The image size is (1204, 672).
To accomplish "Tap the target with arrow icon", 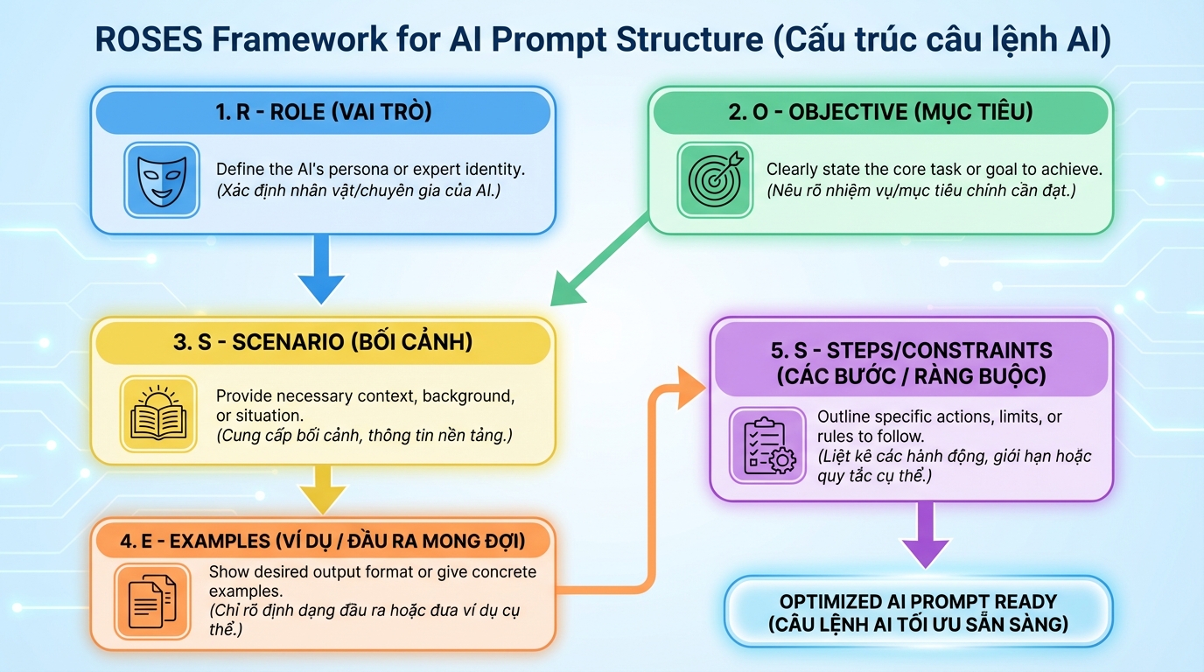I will point(713,179).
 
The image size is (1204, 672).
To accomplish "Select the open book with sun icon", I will point(157,414).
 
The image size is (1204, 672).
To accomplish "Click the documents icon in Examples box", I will point(151,601).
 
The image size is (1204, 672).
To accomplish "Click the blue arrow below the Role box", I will point(323,271).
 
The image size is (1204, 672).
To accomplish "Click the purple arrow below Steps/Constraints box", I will point(924,535).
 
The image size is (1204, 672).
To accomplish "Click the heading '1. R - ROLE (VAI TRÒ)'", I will point(323,112).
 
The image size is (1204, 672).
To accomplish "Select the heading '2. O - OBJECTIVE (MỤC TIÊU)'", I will point(880,112).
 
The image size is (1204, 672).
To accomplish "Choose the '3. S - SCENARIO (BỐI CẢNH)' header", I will point(323,341).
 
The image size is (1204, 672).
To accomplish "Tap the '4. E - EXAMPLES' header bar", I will point(323,541).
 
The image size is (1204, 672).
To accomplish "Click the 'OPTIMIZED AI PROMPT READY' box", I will point(918,612).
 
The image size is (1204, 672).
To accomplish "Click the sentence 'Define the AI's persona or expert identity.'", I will point(370,169).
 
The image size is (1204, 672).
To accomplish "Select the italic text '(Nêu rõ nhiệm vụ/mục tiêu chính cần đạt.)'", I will point(922,190).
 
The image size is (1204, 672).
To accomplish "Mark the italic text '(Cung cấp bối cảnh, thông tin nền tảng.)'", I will point(364,435).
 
